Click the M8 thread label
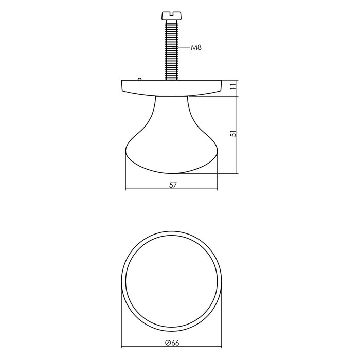pyautogui.click(x=196, y=48)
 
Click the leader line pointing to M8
pyautogui.click(x=183, y=48)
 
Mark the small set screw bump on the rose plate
pyautogui.click(x=139, y=79)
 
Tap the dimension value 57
pyautogui.click(x=172, y=186)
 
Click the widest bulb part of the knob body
pyautogui.click(x=171, y=154)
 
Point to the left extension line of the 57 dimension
pyautogui.click(x=126, y=177)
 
